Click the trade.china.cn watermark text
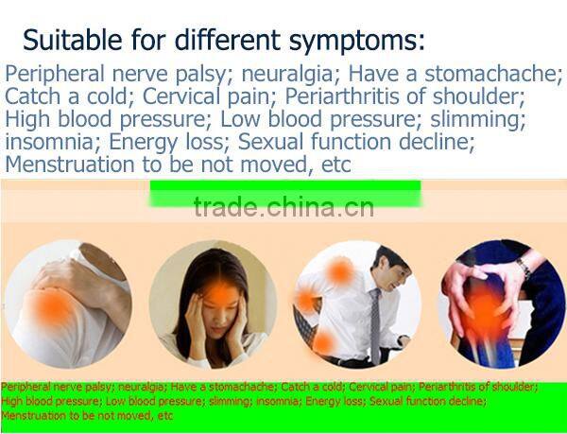[x=283, y=206]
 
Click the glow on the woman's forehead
[x=219, y=294]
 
